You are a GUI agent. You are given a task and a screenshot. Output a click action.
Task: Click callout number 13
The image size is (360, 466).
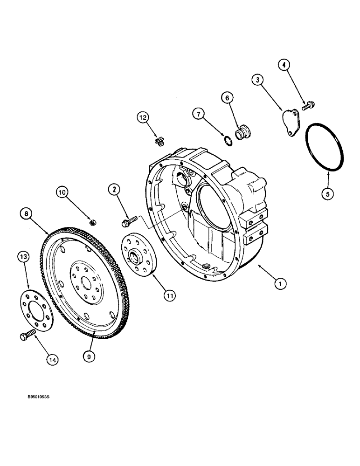click(x=24, y=256)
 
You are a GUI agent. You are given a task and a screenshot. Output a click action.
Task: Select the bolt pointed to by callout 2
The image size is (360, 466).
click(x=129, y=219)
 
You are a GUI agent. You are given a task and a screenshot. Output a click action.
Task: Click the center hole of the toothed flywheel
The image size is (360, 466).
click(x=86, y=283)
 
